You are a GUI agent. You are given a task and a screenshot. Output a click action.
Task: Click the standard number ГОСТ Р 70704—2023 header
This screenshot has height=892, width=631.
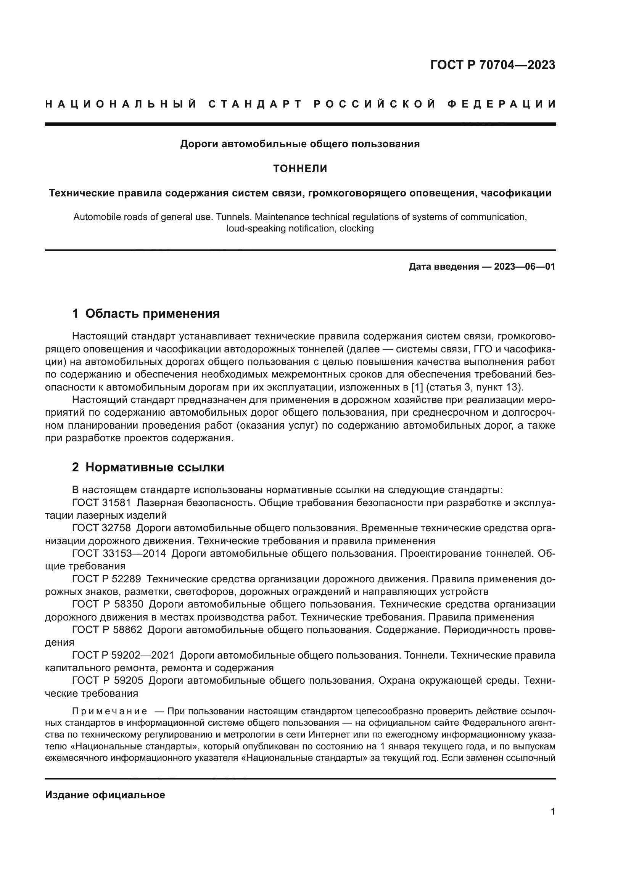tap(492, 65)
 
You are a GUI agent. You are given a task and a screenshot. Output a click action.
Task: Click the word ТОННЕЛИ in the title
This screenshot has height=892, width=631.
tap(300, 169)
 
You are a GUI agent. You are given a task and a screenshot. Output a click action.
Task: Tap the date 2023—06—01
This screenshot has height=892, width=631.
tap(525, 267)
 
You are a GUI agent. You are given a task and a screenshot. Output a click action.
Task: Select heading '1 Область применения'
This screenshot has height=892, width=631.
tap(146, 313)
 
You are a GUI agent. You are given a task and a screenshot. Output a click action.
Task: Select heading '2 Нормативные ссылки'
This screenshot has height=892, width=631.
tap(148, 467)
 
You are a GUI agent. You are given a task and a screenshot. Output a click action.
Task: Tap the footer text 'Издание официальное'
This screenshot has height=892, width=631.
tap(105, 794)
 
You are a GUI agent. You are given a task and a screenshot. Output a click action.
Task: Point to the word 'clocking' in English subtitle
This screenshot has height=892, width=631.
tap(356, 228)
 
